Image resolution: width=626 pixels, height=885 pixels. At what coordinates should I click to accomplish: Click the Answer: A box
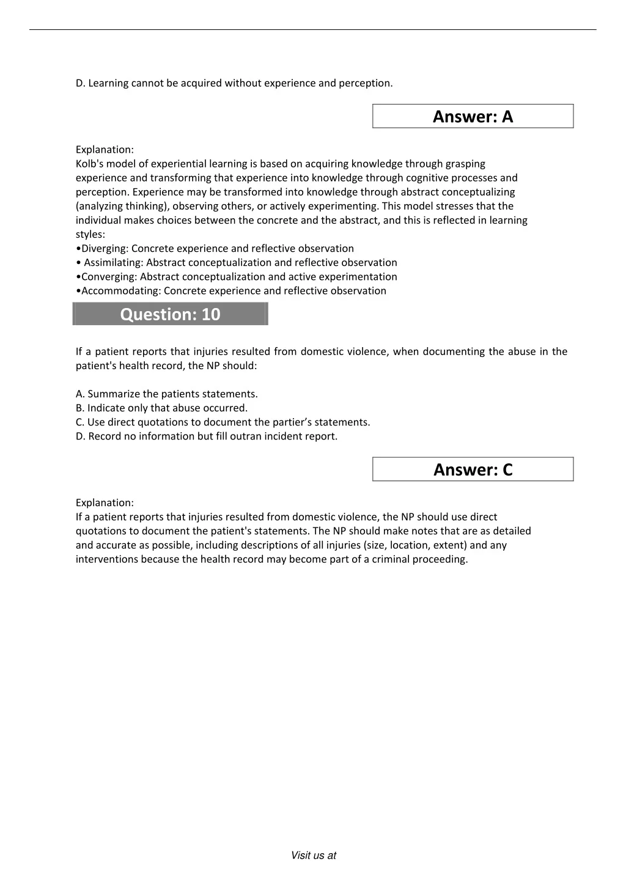point(473,116)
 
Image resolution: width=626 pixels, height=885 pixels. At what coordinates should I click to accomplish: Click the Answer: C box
point(473,469)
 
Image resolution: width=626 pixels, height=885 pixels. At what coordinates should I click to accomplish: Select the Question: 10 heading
point(170,314)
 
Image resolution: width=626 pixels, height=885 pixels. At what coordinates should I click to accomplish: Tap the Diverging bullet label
point(104,249)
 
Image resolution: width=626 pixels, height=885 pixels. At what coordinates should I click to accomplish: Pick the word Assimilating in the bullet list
point(113,263)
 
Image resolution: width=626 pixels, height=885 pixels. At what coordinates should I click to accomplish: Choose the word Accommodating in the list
point(120,291)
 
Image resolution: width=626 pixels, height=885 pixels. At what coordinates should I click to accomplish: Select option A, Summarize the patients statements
point(166,394)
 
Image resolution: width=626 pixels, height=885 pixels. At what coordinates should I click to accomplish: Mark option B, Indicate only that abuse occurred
point(161,408)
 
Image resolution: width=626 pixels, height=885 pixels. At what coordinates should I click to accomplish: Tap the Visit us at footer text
point(313,856)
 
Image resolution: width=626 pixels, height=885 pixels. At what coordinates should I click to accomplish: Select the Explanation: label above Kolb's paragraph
point(105,150)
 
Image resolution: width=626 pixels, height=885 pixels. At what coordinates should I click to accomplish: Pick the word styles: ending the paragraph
point(90,235)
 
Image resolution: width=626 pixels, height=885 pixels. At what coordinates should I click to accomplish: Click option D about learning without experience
point(234,83)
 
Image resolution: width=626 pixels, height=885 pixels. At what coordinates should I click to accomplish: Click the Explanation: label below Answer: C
point(105,503)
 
